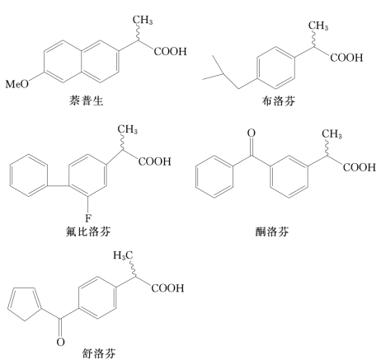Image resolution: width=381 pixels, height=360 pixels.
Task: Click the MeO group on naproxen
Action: (x=17, y=84)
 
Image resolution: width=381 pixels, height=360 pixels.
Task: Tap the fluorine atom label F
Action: (x=87, y=218)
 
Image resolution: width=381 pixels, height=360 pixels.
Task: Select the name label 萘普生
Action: (x=86, y=101)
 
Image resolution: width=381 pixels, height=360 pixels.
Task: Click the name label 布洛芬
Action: (x=278, y=101)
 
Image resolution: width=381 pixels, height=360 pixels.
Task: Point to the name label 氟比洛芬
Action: (x=88, y=231)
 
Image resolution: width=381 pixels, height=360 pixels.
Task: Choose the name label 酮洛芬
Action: (x=272, y=231)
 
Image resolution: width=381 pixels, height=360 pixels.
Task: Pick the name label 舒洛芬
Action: (x=99, y=353)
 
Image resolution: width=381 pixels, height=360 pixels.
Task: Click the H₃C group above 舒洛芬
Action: (x=123, y=255)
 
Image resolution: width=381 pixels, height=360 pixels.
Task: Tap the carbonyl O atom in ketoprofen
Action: (x=251, y=133)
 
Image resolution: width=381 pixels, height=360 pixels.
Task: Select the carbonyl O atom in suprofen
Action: (x=60, y=342)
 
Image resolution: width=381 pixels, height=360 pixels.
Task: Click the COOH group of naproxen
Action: (x=170, y=51)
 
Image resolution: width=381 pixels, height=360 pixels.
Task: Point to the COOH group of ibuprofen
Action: (x=346, y=58)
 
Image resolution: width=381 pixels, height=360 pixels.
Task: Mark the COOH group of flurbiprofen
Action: (x=154, y=161)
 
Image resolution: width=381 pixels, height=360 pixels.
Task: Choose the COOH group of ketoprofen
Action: (x=360, y=167)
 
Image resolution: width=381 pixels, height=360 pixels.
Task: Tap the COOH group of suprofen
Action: (x=167, y=288)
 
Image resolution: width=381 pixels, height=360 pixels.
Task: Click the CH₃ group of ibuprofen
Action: (x=318, y=26)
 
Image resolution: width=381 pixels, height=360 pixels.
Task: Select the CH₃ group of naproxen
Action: (x=143, y=20)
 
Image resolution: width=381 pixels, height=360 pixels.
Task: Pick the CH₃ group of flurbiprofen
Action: (x=128, y=129)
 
